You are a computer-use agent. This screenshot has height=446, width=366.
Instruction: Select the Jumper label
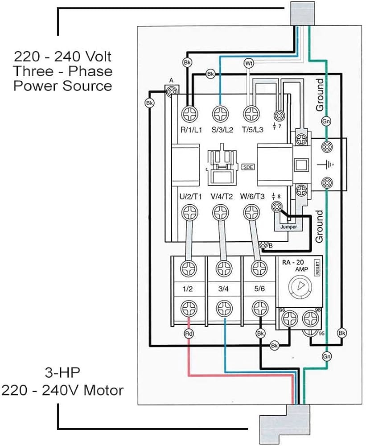point(288,227)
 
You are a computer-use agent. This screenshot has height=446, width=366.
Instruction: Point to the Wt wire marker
point(249,64)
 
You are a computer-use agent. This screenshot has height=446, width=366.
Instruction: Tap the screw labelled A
point(170,91)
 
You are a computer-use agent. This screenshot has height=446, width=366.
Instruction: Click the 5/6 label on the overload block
point(258,289)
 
